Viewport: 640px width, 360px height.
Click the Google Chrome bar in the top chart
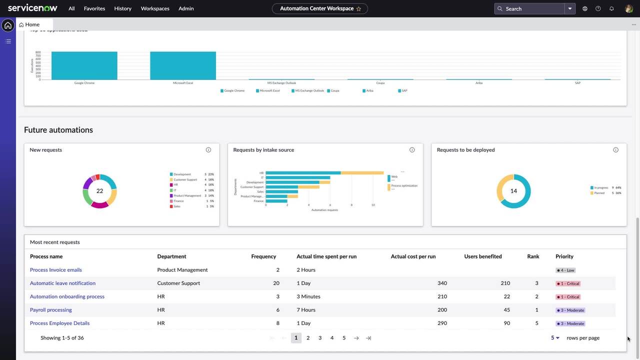84,65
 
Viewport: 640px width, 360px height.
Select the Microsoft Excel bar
183,65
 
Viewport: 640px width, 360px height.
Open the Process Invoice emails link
55,270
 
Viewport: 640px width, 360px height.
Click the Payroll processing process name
50,310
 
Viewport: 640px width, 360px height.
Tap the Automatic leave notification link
62,283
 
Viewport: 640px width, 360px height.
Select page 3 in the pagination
320,338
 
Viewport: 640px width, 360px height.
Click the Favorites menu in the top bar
94,8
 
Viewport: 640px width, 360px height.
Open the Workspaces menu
155,8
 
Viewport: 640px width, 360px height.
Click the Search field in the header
530,8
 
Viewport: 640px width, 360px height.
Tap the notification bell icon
611,8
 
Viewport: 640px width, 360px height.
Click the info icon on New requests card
208,150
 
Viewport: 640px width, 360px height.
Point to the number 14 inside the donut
513,191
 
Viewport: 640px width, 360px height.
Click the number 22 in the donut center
99,191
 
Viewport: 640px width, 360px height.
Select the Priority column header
564,256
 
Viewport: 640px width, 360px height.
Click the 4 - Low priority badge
565,270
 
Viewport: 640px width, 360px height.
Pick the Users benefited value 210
505,283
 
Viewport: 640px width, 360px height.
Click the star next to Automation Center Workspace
358,8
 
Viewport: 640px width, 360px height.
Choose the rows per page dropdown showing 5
555,338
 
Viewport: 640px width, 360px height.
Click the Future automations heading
58,130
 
